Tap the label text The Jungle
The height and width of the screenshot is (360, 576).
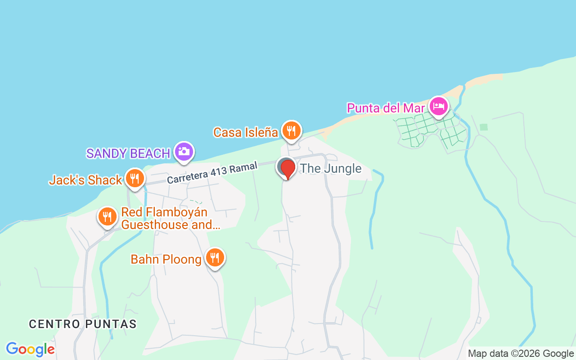pos(331,169)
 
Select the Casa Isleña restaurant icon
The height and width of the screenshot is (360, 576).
pos(292,130)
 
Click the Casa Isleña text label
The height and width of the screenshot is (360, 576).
pos(246,132)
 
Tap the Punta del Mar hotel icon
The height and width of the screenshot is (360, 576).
pos(438,107)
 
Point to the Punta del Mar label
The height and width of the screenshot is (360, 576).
pos(386,108)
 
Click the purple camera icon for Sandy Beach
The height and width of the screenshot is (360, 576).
pos(184,152)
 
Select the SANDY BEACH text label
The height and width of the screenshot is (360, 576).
pos(128,153)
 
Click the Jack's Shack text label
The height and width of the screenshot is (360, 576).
pos(85,180)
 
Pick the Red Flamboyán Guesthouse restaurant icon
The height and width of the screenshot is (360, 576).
pos(107,217)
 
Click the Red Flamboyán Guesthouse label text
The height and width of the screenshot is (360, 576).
pos(171,218)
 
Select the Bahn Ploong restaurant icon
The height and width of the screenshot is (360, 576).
pos(215,258)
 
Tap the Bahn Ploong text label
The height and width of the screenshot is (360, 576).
pos(166,260)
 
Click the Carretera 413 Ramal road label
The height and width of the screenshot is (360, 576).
pos(212,173)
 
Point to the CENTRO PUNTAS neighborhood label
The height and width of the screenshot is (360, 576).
pos(83,324)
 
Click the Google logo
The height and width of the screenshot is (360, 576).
pos(30,349)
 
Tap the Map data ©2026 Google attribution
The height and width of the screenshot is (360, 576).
pos(521,354)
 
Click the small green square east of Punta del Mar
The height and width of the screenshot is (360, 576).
pos(484,127)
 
